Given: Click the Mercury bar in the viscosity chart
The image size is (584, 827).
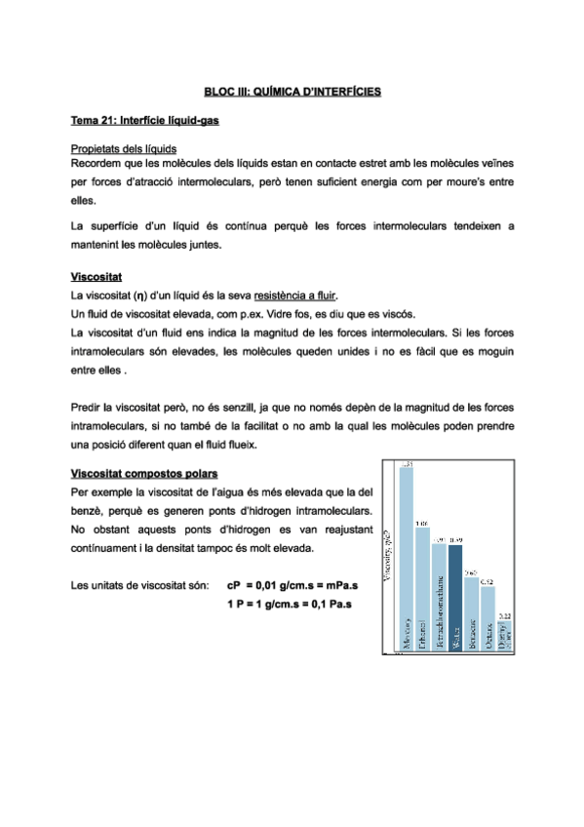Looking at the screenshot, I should [407, 556].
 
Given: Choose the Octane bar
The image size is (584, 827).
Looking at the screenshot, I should [487, 618].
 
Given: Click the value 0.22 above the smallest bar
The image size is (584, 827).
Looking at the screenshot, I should [504, 616].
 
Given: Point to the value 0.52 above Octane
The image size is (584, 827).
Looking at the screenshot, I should [487, 581].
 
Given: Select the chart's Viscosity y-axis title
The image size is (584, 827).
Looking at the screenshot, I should [388, 557].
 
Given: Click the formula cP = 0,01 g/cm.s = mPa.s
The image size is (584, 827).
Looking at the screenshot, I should [292, 586].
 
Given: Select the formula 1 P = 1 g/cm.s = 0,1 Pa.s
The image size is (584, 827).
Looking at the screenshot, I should [288, 605].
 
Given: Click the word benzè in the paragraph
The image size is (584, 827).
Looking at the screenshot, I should [87, 510].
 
